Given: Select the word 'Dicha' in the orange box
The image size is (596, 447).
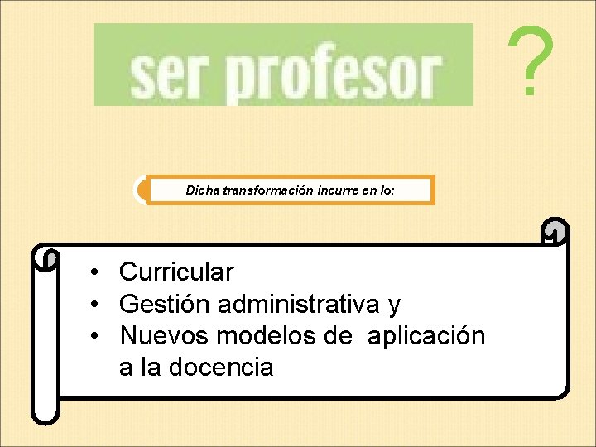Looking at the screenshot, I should (201, 190).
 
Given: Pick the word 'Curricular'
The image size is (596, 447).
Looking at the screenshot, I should (176, 272).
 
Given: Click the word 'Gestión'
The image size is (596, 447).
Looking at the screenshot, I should (165, 305).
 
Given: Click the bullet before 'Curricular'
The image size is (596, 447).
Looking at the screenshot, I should (97, 272).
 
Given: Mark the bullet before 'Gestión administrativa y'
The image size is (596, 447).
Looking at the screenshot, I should (97, 305).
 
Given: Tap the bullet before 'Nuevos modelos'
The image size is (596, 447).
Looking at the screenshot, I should (97, 337).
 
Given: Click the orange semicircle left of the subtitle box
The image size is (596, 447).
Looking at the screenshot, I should (142, 190).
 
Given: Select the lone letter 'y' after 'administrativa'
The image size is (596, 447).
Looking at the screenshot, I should (394, 306).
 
